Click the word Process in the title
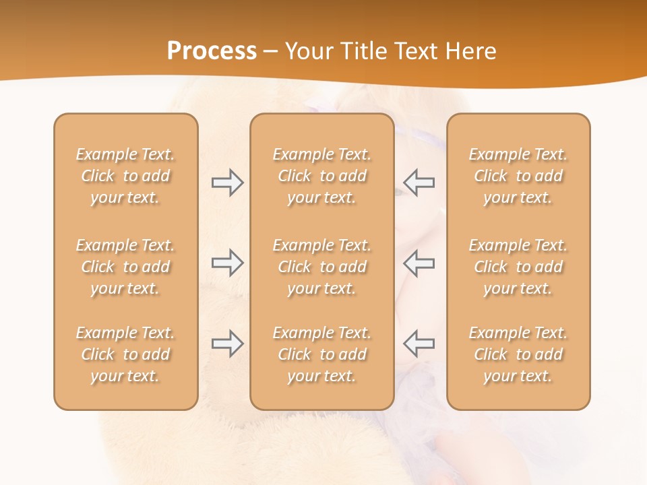tap(212, 51)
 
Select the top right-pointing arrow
tap(227, 183)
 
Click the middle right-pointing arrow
tap(227, 263)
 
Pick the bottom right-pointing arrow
tap(227, 344)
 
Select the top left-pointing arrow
tap(419, 183)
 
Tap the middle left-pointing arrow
tap(419, 263)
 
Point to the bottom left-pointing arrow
tap(419, 344)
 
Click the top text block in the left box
tap(125, 176)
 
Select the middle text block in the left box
tap(125, 267)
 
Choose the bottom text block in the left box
tap(125, 354)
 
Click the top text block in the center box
tap(321, 176)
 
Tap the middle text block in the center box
tap(321, 267)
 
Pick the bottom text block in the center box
tap(321, 354)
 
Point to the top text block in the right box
tap(518, 176)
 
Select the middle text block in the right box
tap(518, 267)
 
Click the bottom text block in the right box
tap(518, 354)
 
